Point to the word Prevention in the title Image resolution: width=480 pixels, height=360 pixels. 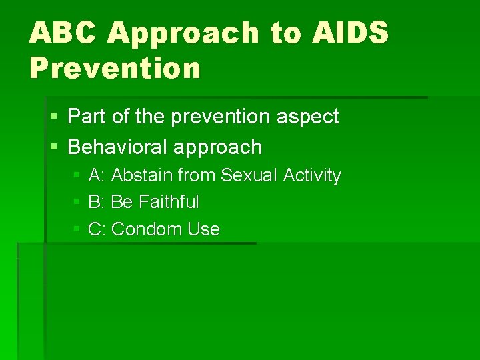(114, 69)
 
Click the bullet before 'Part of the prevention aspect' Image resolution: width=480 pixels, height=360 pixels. (54, 117)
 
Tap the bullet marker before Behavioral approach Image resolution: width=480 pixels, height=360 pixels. (54, 147)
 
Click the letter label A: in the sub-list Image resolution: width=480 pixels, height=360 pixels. (97, 175)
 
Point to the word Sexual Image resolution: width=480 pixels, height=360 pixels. (249, 175)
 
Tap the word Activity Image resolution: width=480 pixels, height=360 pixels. (312, 176)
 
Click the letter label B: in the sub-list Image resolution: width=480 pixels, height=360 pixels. (97, 202)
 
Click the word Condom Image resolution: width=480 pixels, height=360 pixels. (147, 229)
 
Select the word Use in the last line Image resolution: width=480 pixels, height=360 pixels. (203, 229)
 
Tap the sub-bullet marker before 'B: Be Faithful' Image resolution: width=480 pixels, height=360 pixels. (77, 202)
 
